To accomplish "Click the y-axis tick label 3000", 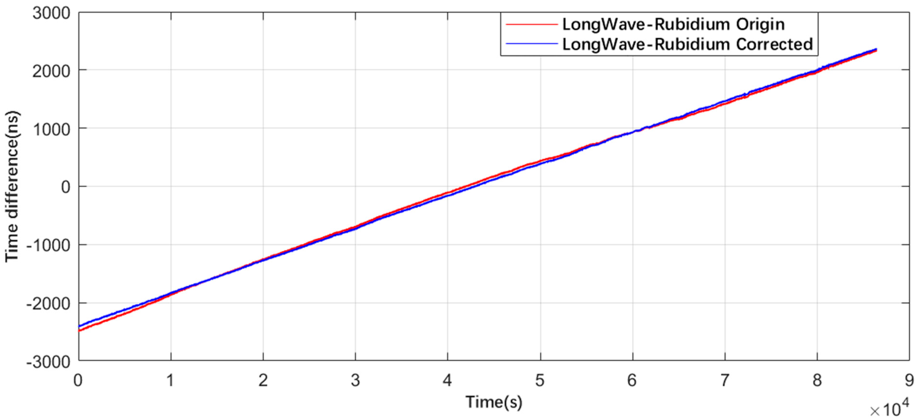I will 51,14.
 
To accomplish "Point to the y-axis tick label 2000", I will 51,72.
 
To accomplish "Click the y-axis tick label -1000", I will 48,246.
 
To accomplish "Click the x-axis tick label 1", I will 170,380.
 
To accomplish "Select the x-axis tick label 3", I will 355,380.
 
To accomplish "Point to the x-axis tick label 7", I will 724,380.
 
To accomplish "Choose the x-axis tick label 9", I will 909,380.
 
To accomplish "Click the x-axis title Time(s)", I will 494,402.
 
